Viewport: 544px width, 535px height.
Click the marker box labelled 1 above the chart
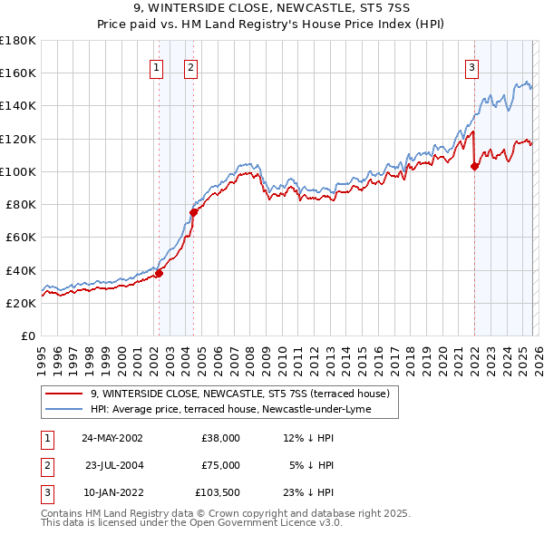(x=157, y=66)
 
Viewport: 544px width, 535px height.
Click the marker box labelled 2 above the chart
(x=191, y=66)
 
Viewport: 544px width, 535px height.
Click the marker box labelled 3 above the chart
(x=472, y=66)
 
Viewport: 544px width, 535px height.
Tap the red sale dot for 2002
(x=159, y=273)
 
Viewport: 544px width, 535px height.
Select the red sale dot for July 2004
(x=193, y=212)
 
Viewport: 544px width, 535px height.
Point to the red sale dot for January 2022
(x=474, y=165)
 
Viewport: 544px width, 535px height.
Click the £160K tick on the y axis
(x=18, y=73)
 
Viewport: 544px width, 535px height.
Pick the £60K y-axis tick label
(x=20, y=238)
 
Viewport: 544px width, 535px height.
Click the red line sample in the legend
(x=64, y=394)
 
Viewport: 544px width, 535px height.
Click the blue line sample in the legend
(x=64, y=409)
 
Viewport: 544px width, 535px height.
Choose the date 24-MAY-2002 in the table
(x=112, y=438)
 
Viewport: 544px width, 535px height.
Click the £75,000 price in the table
(x=220, y=465)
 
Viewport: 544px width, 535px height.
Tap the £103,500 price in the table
(x=218, y=492)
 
